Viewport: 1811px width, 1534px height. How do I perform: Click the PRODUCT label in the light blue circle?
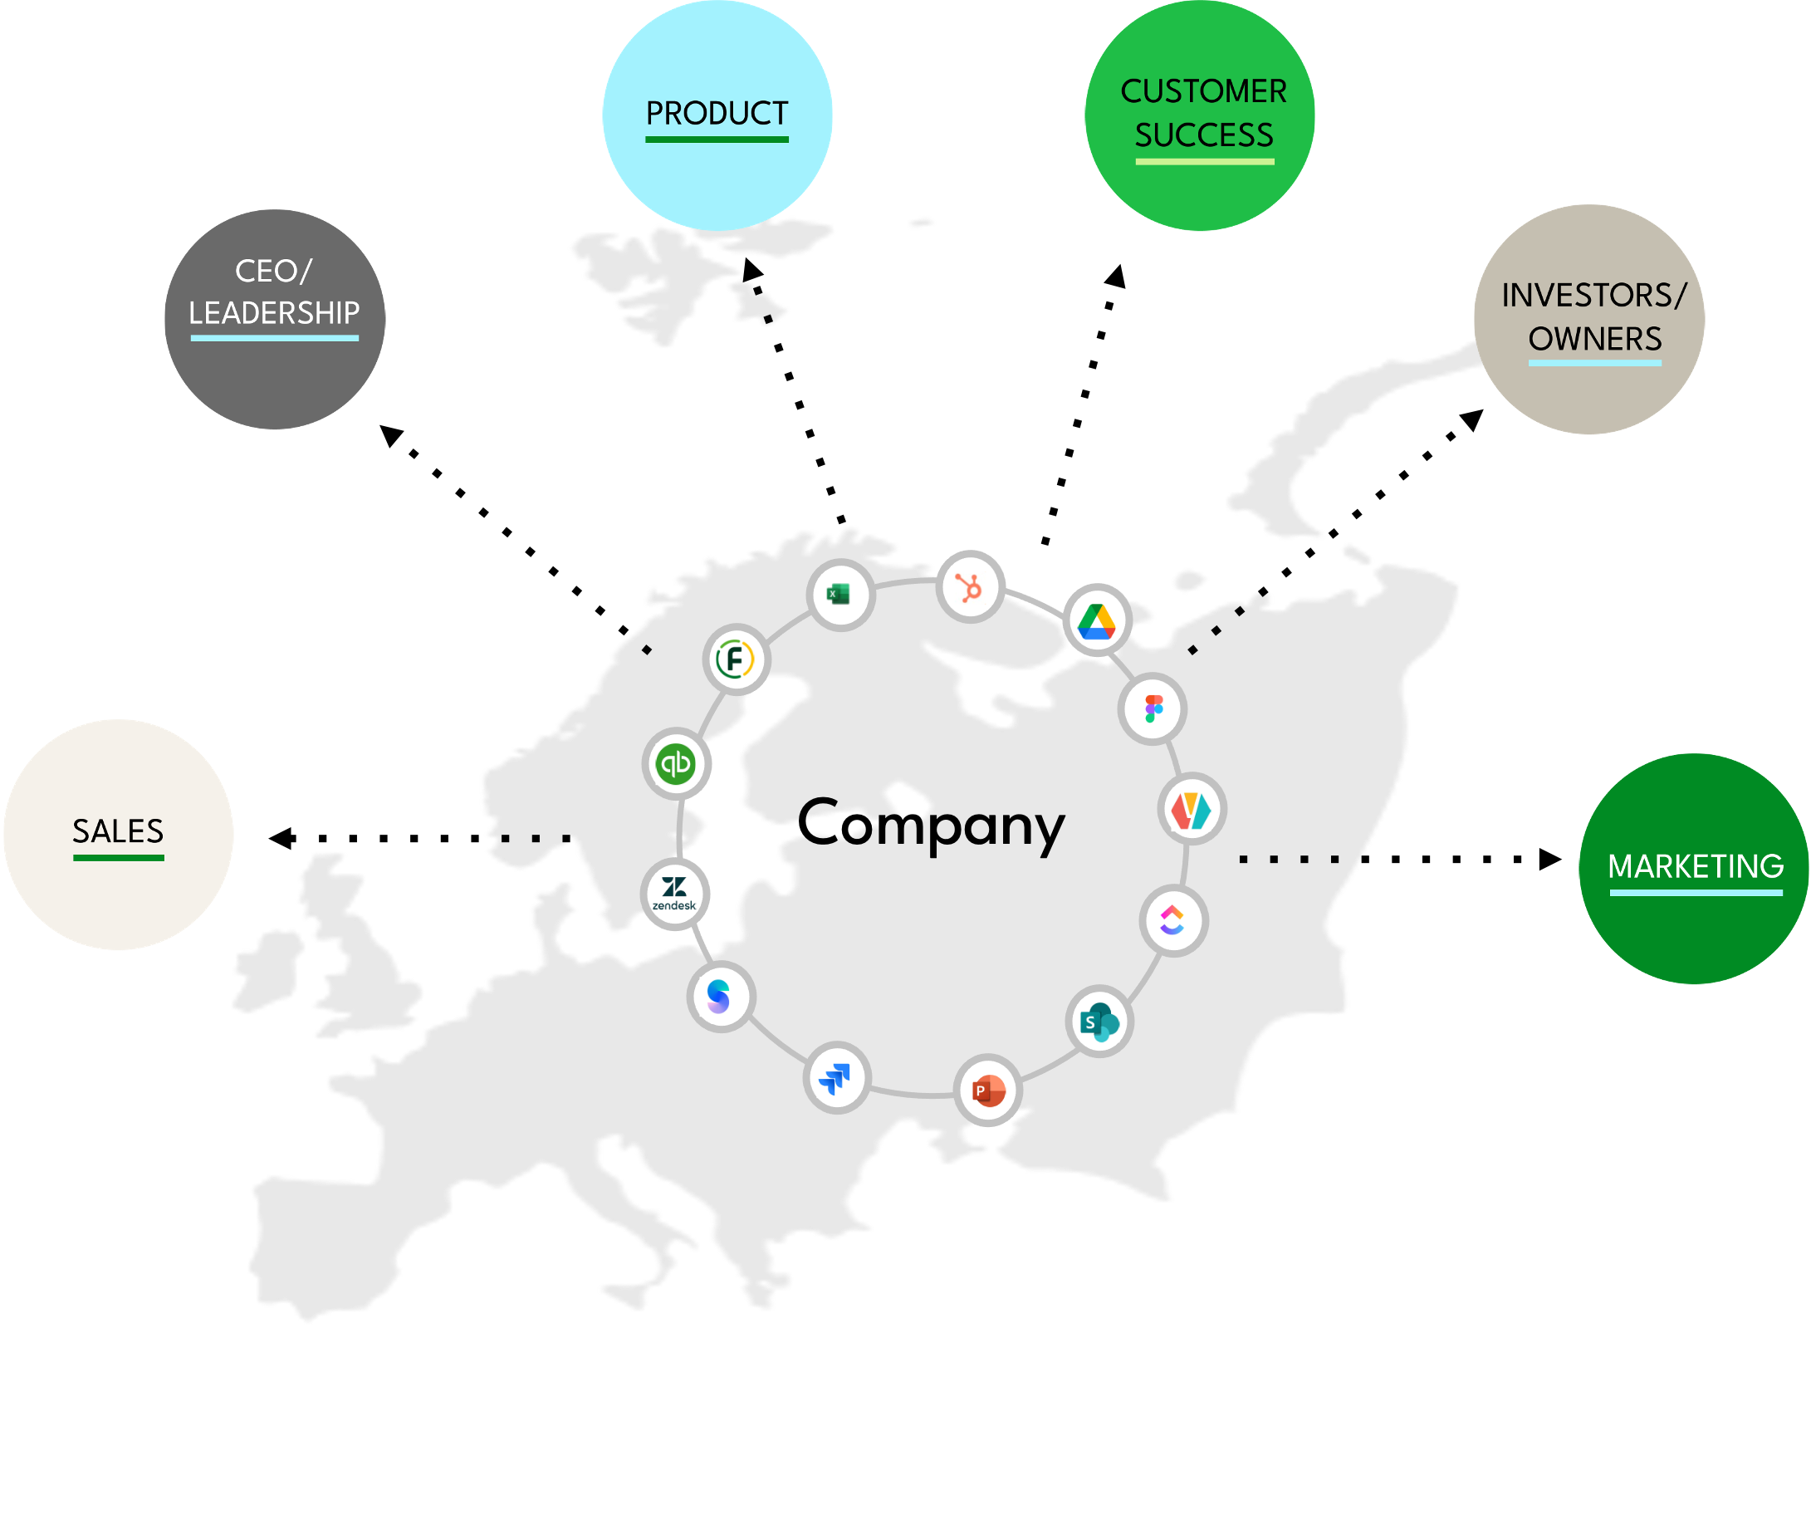point(717,113)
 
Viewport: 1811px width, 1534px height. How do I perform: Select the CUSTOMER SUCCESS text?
point(1203,113)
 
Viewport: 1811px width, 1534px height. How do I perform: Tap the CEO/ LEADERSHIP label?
point(274,292)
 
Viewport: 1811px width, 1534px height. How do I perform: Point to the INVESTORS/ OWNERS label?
point(1593,316)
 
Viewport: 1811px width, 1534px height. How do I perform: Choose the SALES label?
point(118,831)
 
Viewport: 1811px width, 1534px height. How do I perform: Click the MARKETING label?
point(1696,866)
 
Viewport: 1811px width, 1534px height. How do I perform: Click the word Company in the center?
point(931,825)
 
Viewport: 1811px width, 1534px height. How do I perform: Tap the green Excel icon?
point(839,595)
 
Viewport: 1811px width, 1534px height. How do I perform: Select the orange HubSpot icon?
point(969,588)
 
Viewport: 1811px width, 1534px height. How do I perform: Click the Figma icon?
point(1153,708)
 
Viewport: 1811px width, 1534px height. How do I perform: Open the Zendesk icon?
point(673,894)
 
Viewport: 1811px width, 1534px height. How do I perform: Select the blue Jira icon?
point(835,1079)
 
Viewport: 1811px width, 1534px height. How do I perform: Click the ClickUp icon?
point(1172,920)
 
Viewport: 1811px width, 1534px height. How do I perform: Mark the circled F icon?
point(736,659)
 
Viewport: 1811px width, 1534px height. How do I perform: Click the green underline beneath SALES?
point(118,858)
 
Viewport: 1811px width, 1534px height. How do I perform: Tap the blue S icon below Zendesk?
point(719,997)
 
